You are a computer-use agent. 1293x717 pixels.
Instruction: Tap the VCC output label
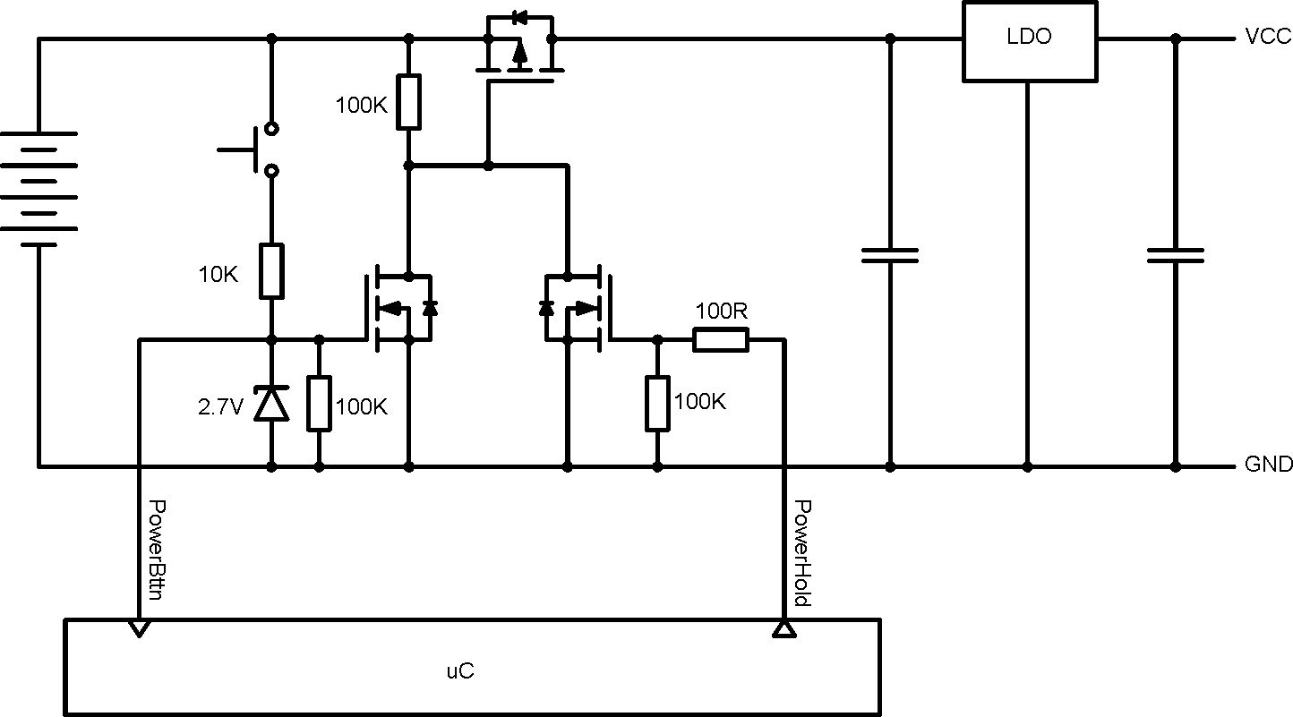(x=1267, y=37)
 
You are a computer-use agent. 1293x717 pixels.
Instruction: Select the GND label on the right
(x=1268, y=465)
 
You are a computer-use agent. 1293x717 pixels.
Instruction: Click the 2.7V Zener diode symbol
(x=271, y=404)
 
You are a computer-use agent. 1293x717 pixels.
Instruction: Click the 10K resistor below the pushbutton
(x=272, y=271)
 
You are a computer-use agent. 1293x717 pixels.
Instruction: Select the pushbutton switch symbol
(x=255, y=148)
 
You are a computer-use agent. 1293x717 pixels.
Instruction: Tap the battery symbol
(x=39, y=188)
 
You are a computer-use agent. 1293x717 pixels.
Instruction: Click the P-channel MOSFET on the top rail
(x=519, y=54)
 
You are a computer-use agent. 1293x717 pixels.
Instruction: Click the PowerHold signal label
(x=802, y=553)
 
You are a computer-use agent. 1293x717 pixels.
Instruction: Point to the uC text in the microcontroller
(x=458, y=670)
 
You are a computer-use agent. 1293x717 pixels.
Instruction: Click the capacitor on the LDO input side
(x=889, y=255)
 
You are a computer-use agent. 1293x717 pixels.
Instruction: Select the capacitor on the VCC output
(x=1176, y=255)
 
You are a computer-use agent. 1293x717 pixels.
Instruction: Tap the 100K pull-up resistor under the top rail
(x=409, y=102)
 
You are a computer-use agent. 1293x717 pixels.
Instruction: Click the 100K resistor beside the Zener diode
(x=320, y=404)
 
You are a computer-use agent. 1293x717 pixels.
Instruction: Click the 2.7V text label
(x=220, y=407)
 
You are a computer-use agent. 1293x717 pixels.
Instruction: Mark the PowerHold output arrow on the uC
(x=784, y=629)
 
